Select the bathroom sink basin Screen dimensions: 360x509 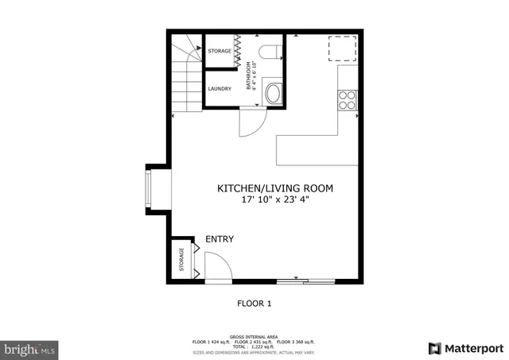pos(273,93)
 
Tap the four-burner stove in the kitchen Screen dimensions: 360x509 pos(348,99)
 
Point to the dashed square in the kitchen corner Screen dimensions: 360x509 pos(343,48)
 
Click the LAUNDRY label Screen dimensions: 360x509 pos(220,88)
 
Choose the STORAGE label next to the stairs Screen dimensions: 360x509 pos(220,52)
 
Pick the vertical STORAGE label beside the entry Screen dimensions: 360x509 pos(181,260)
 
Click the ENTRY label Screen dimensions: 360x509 pos(220,239)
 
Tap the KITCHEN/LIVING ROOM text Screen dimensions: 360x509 pos(275,188)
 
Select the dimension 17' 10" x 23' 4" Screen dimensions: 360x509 pos(275,200)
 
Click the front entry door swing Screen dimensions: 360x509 pos(216,265)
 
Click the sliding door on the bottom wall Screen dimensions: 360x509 pos(305,281)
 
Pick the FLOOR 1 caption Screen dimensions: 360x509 pos(254,303)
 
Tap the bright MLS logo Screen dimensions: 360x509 pos(30,348)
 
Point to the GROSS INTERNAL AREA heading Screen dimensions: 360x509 pos(254,336)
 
